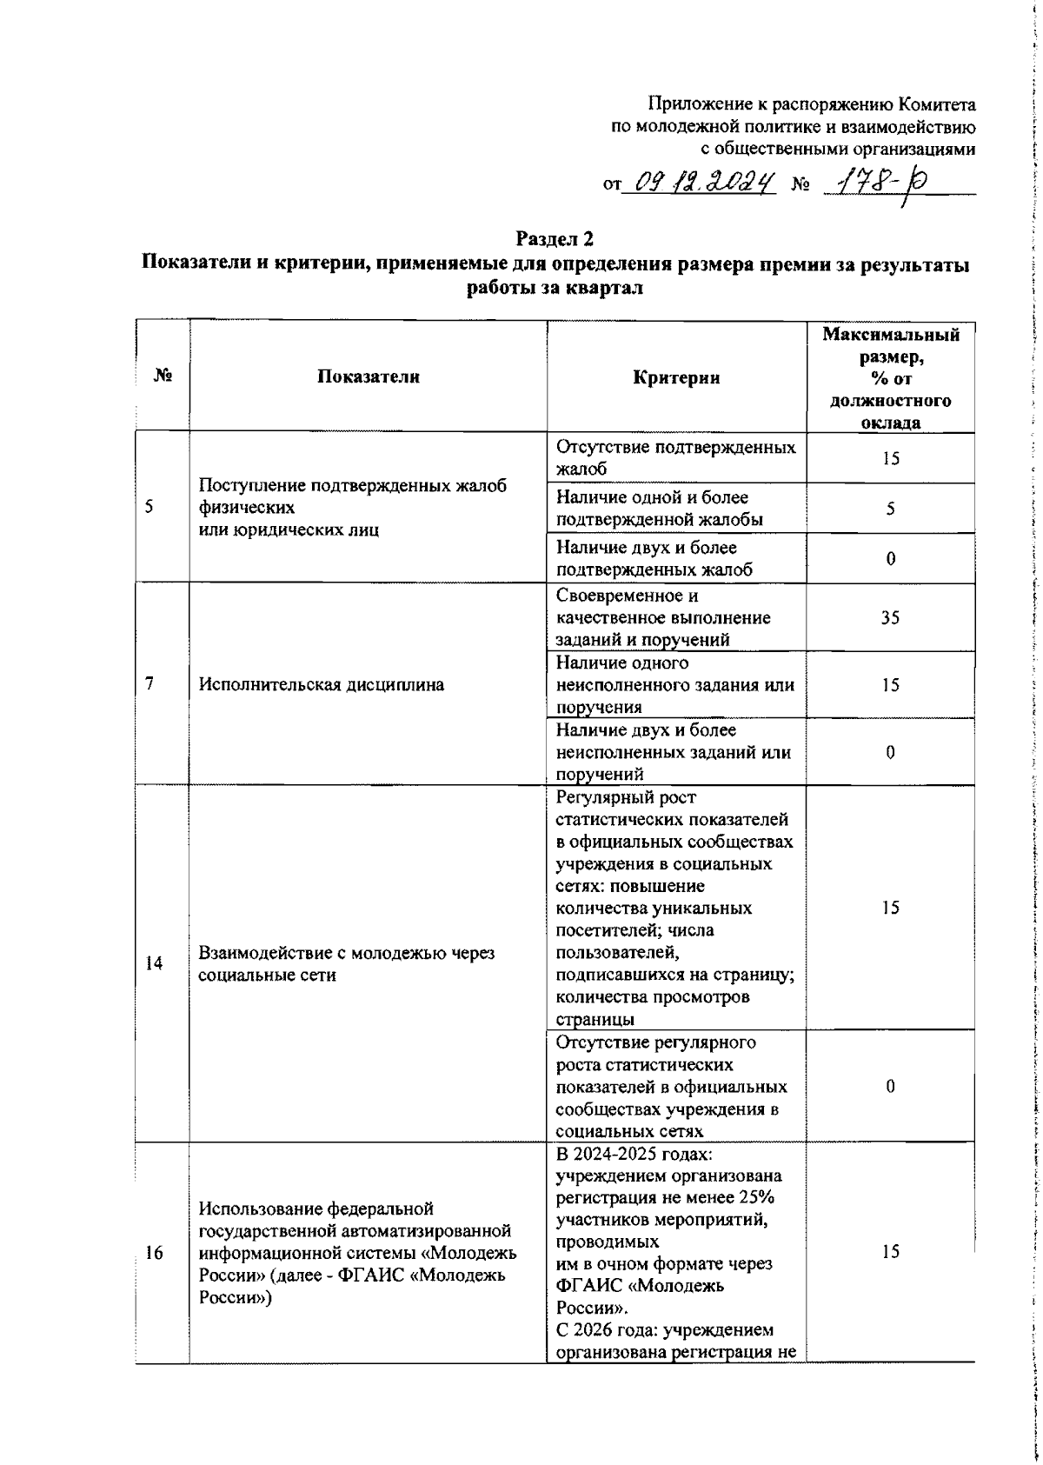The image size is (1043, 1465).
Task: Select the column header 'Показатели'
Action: coord(368,376)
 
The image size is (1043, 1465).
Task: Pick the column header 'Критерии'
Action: coord(676,377)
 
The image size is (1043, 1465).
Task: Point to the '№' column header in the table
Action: coord(163,376)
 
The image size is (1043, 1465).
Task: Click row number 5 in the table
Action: coord(150,508)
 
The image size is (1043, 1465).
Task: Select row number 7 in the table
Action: coord(150,684)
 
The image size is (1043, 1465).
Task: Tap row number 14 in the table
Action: coord(154,963)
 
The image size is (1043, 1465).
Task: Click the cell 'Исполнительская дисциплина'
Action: coord(322,684)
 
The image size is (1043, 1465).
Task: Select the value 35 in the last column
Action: coord(890,617)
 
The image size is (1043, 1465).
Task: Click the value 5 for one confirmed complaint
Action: coord(890,509)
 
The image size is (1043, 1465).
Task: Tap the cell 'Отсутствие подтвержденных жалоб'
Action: coord(675,458)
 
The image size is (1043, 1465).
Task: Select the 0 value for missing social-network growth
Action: coord(890,1086)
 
